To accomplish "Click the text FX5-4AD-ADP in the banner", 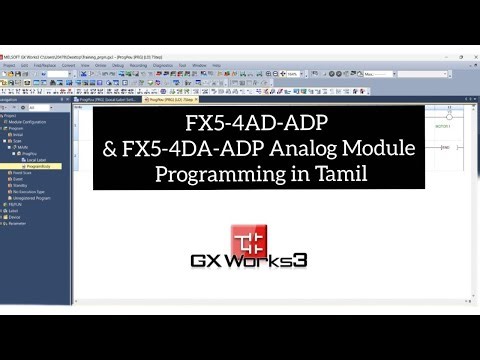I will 258,126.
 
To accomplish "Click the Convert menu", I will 68,65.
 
